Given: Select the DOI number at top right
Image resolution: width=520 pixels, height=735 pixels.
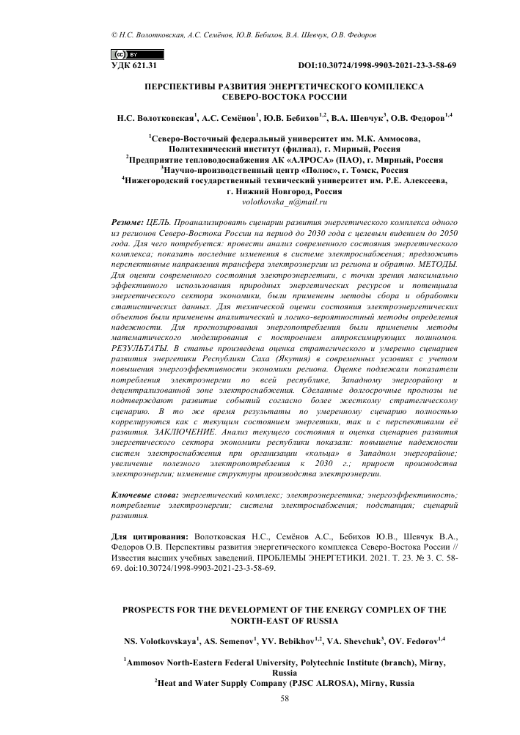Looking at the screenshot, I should [x=377, y=66].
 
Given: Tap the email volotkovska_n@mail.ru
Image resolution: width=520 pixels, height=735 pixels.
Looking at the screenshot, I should [x=283, y=200].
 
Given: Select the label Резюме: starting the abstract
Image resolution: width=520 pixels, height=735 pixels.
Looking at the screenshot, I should [x=126, y=220].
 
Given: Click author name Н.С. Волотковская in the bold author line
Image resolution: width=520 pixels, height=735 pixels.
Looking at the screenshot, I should [x=155, y=117].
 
